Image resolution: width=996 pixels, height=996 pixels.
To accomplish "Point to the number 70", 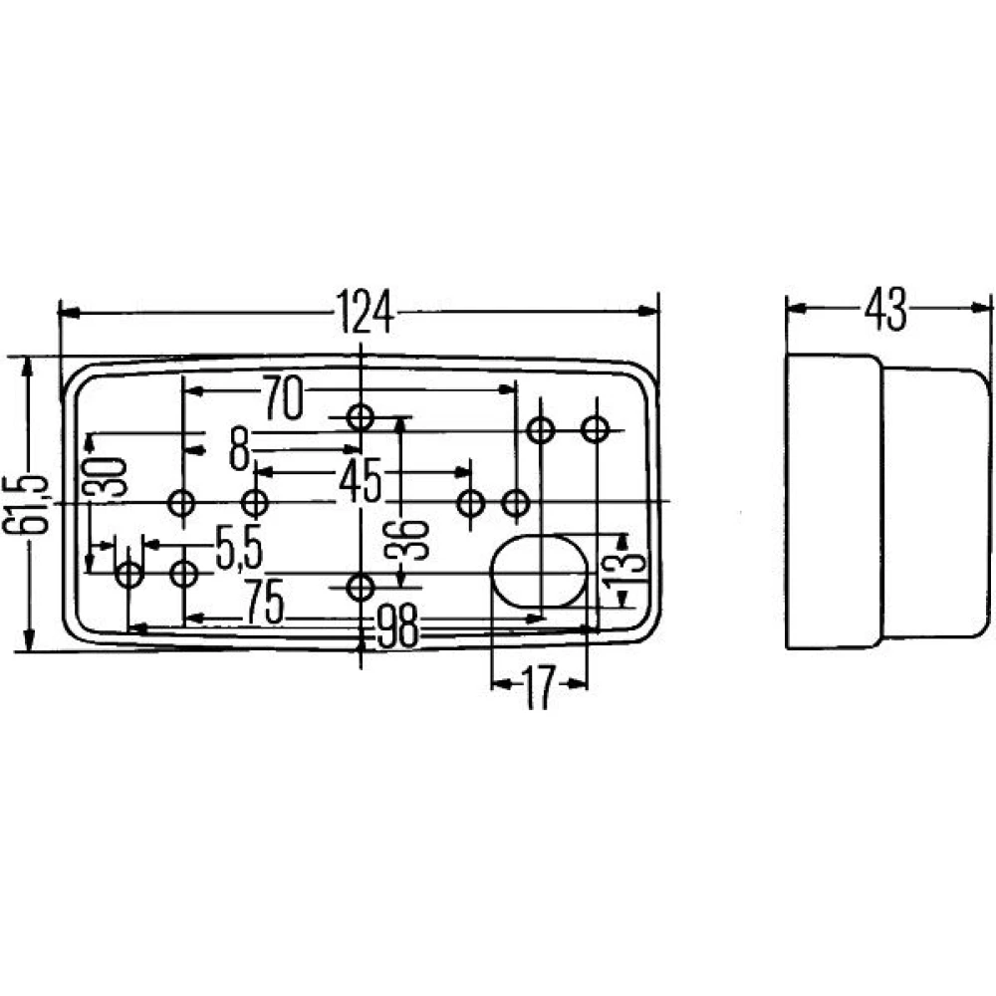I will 282,398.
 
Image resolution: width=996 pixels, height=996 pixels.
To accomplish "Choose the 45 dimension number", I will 359,482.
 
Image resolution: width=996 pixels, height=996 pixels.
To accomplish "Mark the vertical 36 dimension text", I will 419,538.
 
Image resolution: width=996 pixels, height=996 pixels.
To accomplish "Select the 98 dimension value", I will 396,627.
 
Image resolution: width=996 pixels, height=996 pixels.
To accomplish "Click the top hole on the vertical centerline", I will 361,416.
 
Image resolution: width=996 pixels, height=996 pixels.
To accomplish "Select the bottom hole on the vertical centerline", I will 361,587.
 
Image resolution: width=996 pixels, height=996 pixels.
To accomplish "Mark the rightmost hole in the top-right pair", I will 596,430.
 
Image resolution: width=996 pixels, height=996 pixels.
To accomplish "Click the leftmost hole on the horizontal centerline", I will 182,502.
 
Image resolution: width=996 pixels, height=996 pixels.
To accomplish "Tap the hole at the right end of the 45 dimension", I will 470,503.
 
